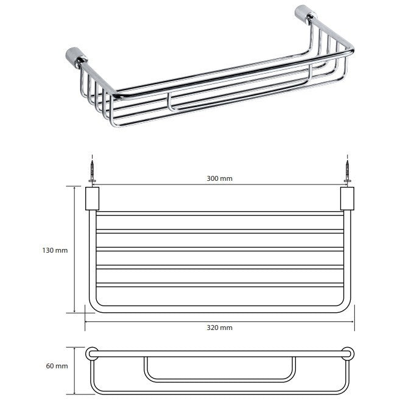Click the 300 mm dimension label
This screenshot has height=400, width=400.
pos(219,178)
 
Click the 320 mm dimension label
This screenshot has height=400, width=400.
pos(219,328)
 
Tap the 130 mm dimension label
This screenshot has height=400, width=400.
pos(55,250)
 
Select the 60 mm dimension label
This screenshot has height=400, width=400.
pos(57,366)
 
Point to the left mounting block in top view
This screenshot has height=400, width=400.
pos(92,198)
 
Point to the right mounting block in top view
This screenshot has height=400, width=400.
pos(347,198)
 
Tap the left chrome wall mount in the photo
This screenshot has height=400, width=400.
pos(75,58)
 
